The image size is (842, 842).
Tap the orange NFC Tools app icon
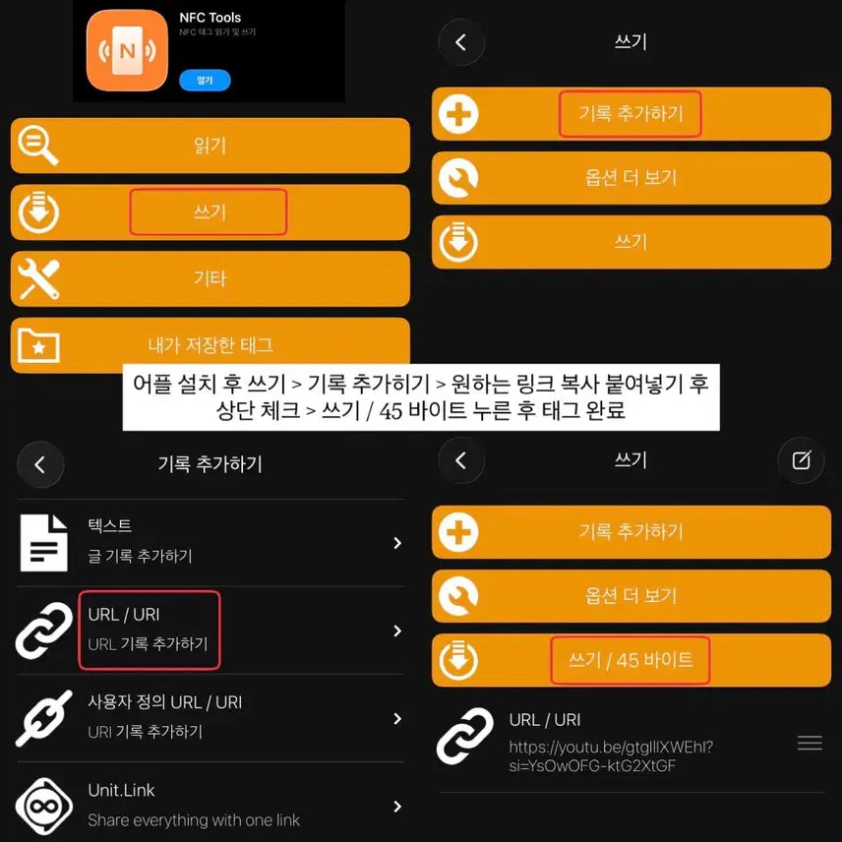127,50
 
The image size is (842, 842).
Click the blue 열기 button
205,80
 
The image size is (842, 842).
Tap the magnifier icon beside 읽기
37,146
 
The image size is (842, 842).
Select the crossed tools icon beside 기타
38,279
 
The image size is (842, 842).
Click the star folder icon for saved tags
38,345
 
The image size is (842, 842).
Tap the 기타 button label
210,278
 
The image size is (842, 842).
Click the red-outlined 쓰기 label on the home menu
209,212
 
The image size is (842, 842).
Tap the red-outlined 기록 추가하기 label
630,114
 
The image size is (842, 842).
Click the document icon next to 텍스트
43,543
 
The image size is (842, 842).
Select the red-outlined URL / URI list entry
150,630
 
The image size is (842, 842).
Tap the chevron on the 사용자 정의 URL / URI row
397,718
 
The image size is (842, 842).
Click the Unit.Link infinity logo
44,806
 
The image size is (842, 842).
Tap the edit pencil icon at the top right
802,460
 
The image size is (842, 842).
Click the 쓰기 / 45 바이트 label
631,660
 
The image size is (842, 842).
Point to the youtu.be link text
611,756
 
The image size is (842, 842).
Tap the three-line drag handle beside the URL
810,743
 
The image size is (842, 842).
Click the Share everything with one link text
194,820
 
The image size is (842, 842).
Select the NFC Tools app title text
210,17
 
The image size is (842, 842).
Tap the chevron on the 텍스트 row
397,543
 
